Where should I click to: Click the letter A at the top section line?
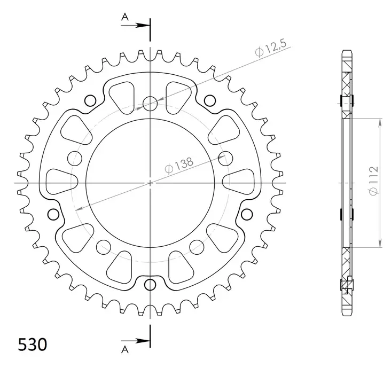[x=124, y=17]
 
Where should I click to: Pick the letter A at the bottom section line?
[x=124, y=350]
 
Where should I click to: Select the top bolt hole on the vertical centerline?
[x=150, y=103]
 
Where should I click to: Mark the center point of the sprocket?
[x=150, y=183]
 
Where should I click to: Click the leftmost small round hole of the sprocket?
[x=53, y=215]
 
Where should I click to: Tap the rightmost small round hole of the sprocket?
[x=247, y=215]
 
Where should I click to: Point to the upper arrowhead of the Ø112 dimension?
[x=380, y=121]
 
